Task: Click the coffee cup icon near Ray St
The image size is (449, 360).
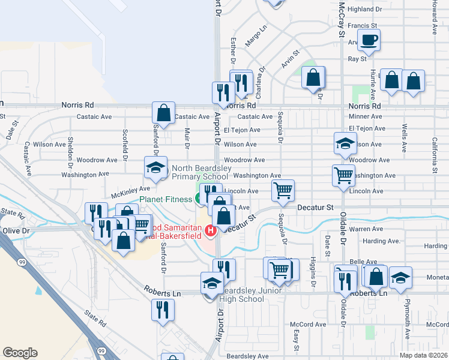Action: [x=369, y=41]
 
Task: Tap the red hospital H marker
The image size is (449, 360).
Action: [x=210, y=230]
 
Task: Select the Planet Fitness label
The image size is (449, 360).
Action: [x=166, y=199]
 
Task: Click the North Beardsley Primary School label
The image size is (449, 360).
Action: [x=200, y=172]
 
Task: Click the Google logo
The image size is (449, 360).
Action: [x=20, y=352]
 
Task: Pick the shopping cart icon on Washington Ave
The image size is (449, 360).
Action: [x=343, y=176]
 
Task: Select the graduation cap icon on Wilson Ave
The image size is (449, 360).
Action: [x=345, y=144]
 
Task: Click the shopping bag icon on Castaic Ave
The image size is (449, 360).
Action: [x=163, y=112]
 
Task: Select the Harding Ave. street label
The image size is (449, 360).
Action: [x=382, y=241]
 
